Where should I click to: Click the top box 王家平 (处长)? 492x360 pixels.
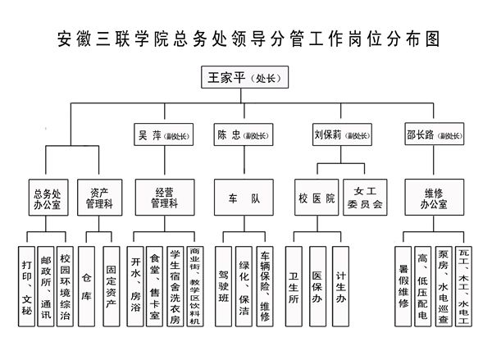pyautogui.click(x=246, y=79)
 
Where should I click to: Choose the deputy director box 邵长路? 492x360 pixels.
pyautogui.click(x=433, y=134)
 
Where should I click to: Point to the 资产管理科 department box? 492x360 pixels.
pyautogui.click(x=100, y=197)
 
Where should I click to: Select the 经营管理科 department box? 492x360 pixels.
pyautogui.click(x=165, y=197)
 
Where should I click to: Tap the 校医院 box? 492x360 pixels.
pyautogui.click(x=316, y=197)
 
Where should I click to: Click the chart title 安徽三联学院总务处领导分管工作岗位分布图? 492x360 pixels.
pyautogui.click(x=246, y=39)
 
